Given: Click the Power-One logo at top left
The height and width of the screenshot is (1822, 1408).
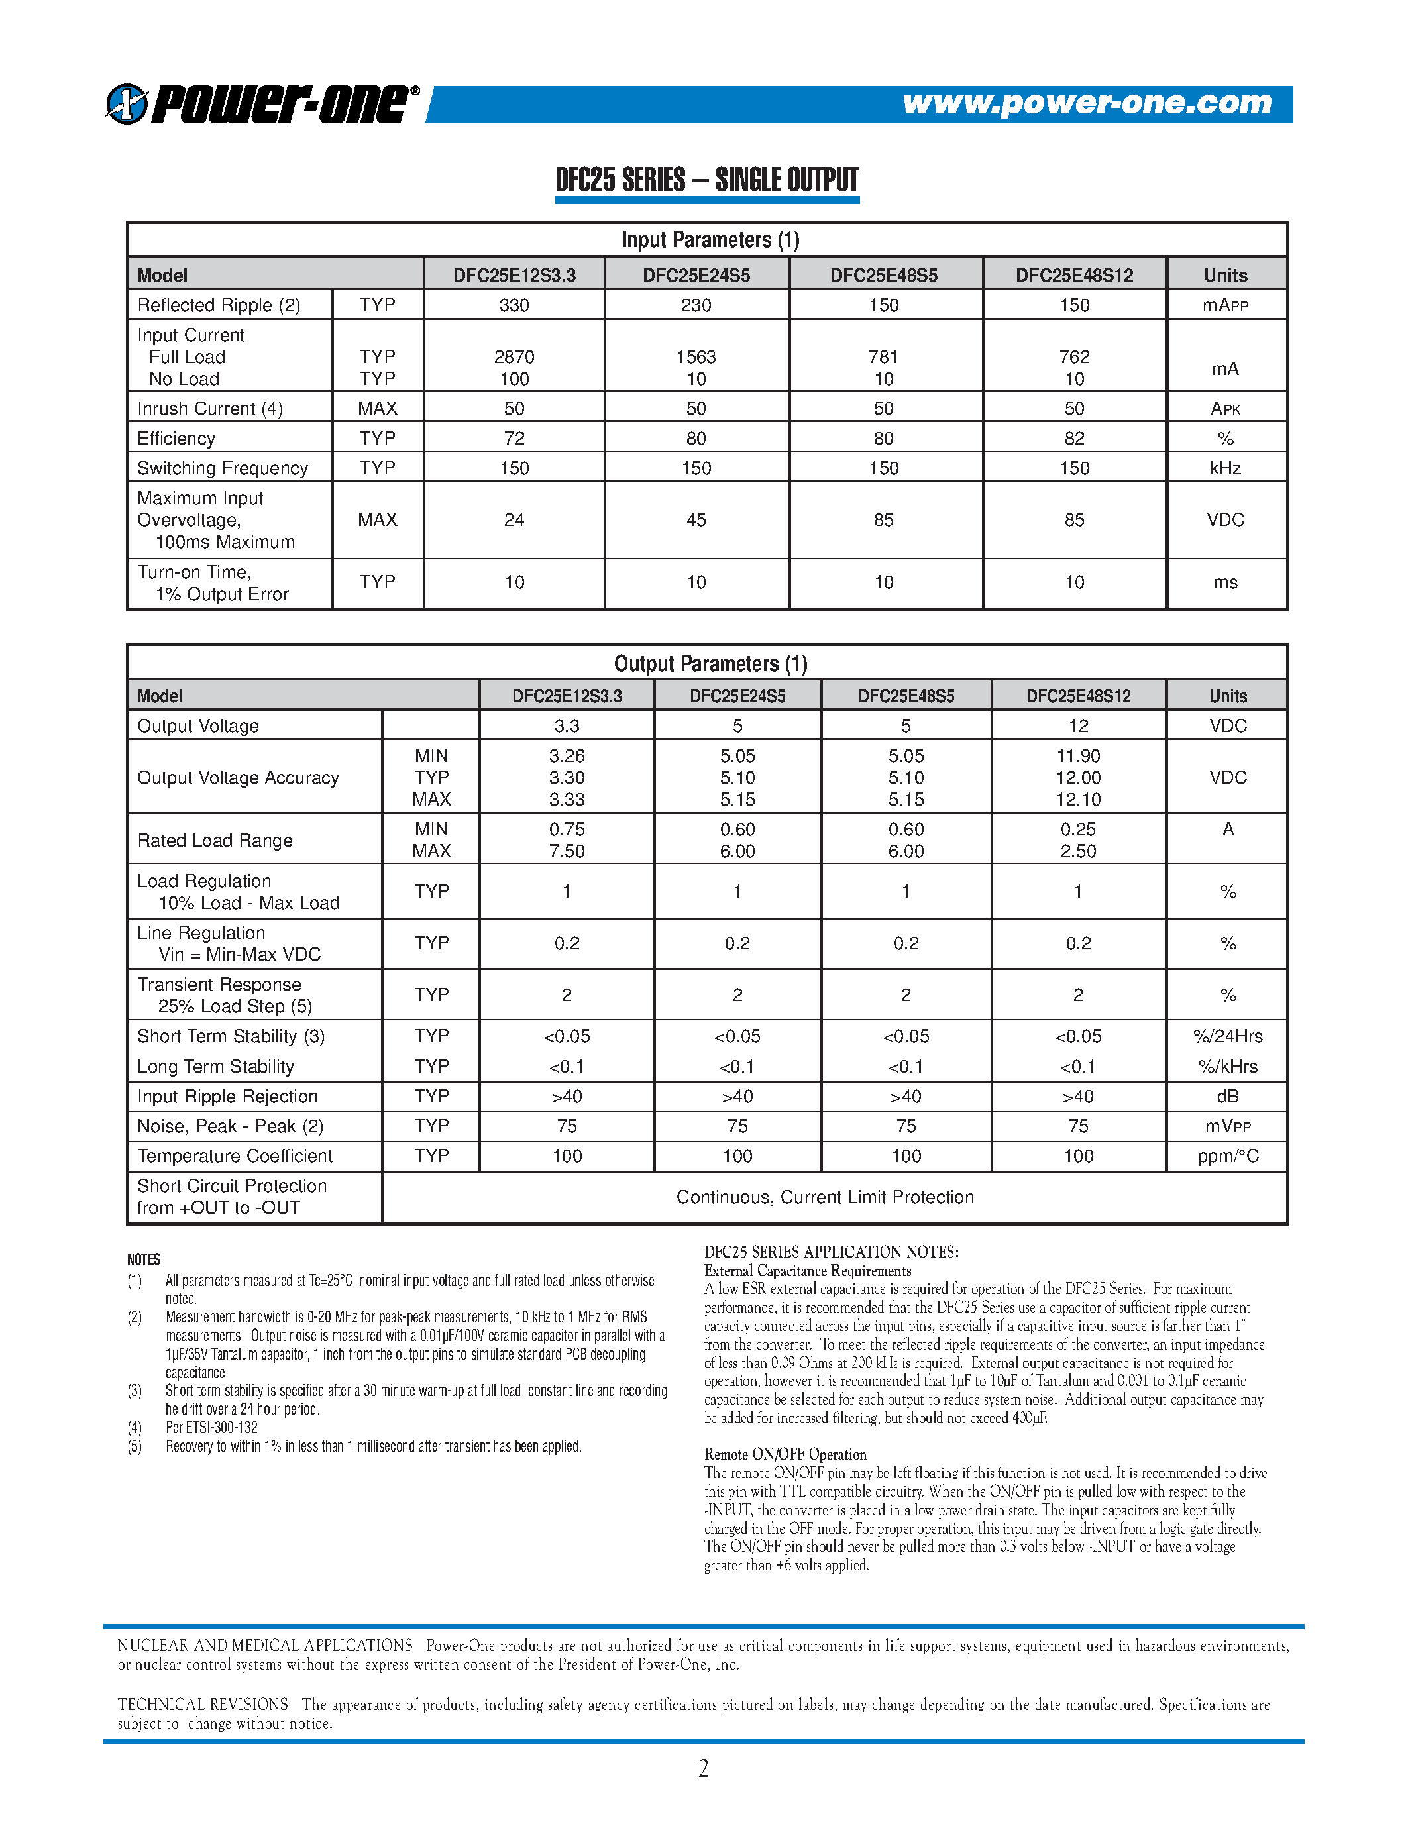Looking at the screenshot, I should (262, 104).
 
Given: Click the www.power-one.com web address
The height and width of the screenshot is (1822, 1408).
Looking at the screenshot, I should (1087, 103).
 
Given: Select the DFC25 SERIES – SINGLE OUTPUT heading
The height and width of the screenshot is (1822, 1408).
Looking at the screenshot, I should (706, 180).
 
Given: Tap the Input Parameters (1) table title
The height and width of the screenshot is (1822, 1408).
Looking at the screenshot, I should (710, 241).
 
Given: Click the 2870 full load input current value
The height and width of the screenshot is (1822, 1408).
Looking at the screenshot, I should (514, 357).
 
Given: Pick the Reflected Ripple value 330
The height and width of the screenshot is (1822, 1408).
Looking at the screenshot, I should (514, 305).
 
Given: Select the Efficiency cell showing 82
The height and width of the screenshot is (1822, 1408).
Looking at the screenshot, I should (1074, 439).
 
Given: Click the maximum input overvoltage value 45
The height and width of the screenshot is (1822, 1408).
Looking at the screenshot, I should (696, 519).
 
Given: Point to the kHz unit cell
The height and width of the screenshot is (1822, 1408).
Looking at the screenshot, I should (1224, 468).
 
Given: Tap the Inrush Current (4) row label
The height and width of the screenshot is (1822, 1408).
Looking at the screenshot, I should (210, 409).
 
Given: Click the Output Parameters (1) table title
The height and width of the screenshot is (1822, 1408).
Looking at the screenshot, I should (710, 663).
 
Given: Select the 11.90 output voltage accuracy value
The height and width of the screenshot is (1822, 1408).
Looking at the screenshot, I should (1077, 756).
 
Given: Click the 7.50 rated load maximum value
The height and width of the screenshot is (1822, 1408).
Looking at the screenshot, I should (567, 851).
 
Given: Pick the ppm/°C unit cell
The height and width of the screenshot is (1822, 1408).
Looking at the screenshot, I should (1227, 1156).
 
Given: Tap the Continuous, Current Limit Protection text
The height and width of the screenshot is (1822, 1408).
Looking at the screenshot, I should (824, 1197).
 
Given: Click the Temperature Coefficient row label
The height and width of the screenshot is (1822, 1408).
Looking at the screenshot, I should (235, 1156).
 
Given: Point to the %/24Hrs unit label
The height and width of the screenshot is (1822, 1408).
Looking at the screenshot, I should (1227, 1036).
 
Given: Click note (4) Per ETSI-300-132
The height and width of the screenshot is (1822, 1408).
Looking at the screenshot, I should (211, 1427).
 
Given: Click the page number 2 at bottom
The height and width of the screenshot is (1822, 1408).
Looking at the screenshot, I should (703, 1768).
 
